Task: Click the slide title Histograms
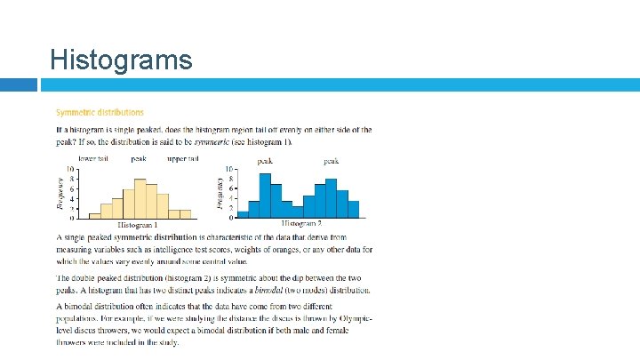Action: (x=121, y=60)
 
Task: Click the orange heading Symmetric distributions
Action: (x=100, y=113)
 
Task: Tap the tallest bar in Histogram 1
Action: (x=140, y=198)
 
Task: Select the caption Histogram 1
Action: (x=138, y=225)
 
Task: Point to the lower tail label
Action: (x=93, y=159)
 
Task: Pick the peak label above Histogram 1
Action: (x=139, y=159)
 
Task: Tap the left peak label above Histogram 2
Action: (x=264, y=161)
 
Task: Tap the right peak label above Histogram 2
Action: (x=331, y=161)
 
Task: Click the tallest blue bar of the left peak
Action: (x=265, y=196)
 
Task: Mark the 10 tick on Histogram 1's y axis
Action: (x=69, y=169)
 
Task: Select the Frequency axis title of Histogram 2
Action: (x=219, y=192)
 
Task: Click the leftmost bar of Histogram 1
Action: (x=95, y=215)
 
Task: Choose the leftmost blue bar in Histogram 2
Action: (x=243, y=214)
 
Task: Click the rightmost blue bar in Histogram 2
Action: (x=353, y=209)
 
